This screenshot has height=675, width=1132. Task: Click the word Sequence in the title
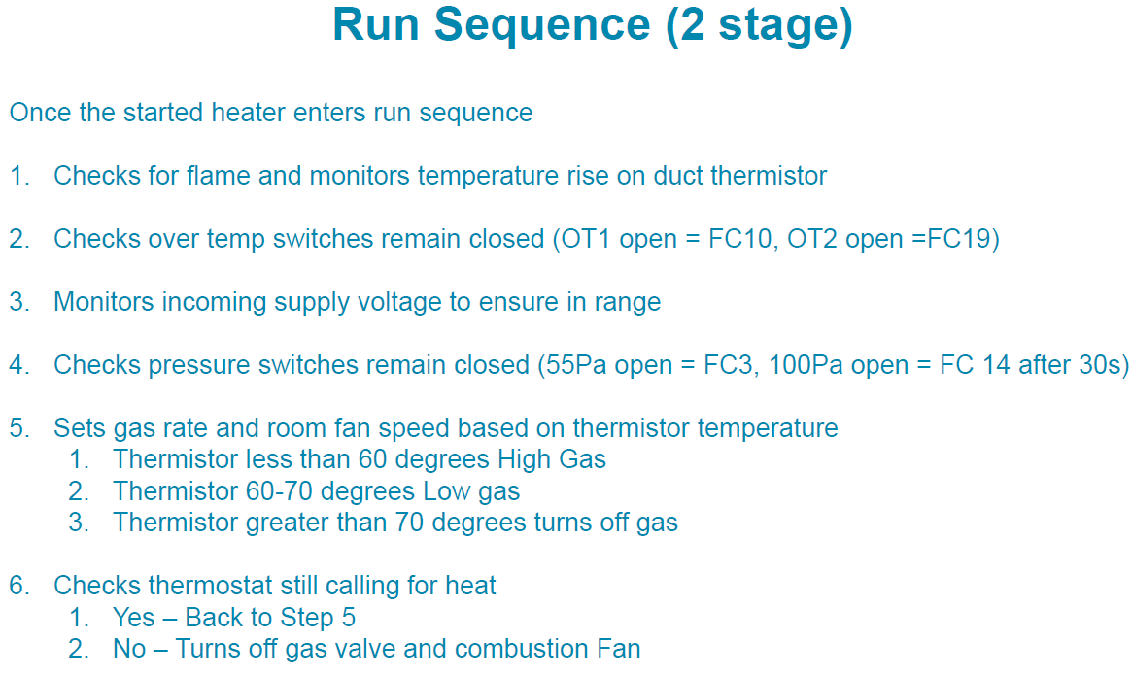[541, 25]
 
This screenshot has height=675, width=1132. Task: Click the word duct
[678, 176]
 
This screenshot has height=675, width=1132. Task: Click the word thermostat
[211, 586]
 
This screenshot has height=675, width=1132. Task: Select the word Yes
[134, 618]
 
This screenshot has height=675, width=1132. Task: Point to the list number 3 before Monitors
[18, 302]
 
